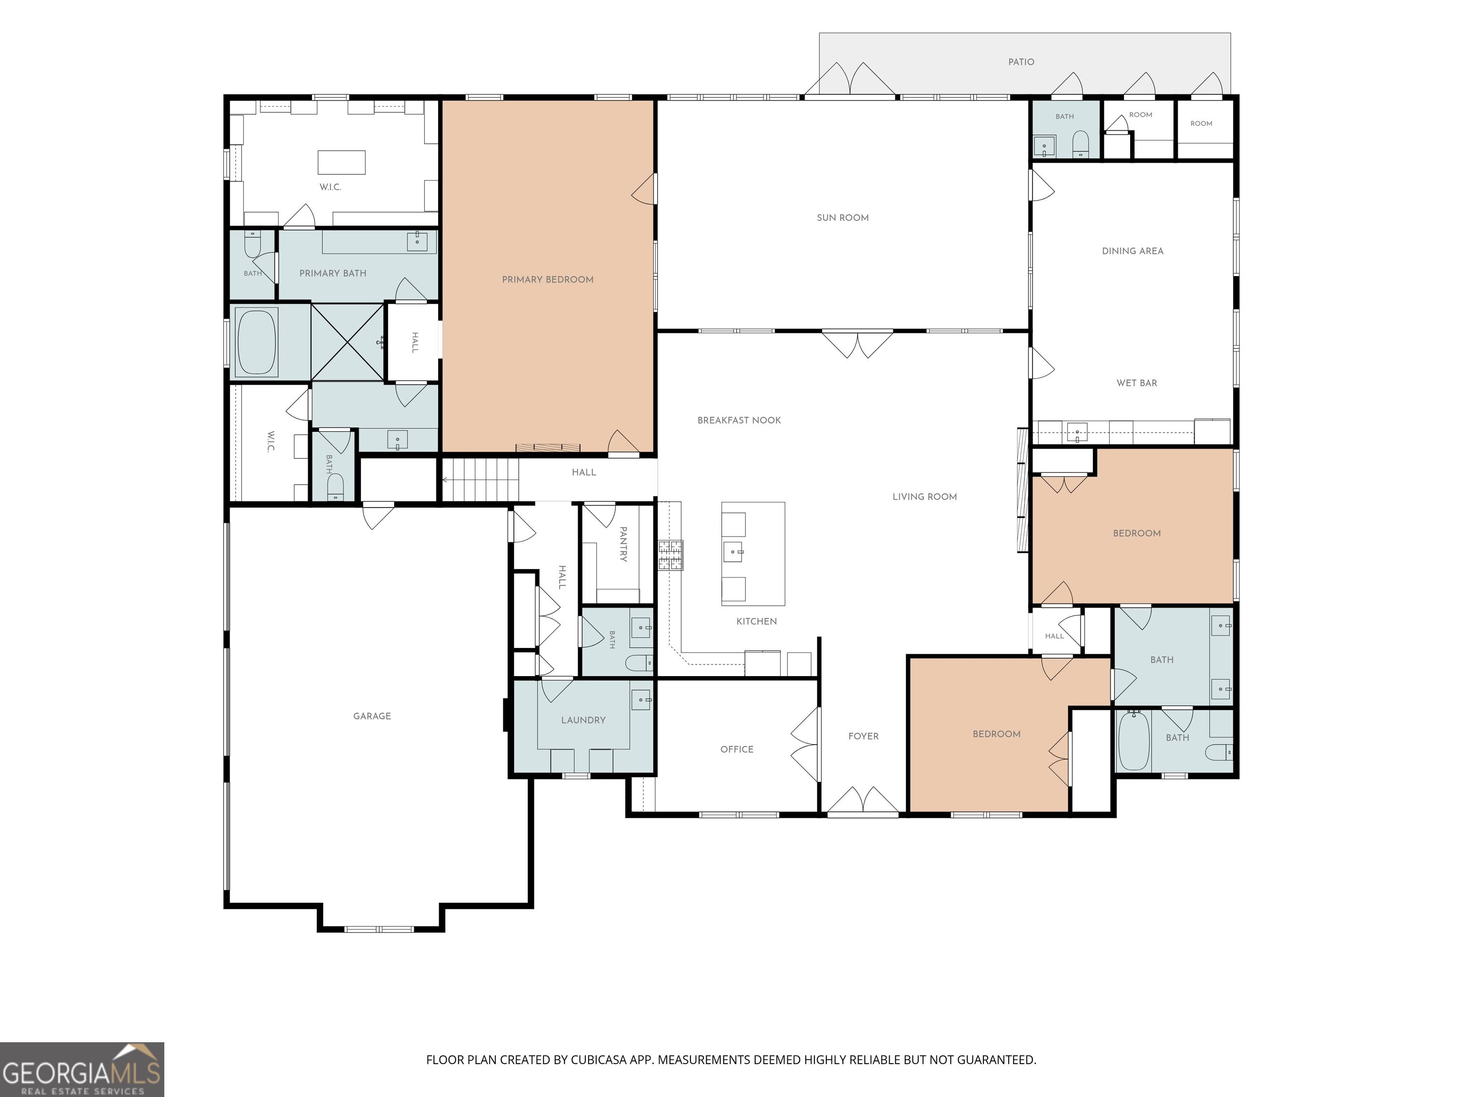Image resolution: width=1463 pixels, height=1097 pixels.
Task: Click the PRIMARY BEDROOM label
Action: (548, 279)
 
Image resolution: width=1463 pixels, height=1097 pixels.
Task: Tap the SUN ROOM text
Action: (842, 218)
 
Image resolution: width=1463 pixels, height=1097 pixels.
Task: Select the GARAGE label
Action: (371, 716)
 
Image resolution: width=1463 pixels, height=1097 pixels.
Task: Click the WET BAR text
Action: (1137, 383)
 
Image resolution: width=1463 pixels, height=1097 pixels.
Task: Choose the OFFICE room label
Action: (737, 749)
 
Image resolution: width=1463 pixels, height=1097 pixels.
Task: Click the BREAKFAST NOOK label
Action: (740, 420)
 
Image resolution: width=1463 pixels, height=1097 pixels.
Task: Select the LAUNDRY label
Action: (583, 720)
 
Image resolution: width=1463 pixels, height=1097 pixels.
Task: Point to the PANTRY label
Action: (623, 544)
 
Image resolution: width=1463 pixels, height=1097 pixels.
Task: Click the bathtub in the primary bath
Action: (257, 342)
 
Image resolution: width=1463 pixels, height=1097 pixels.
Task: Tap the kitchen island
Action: (753, 553)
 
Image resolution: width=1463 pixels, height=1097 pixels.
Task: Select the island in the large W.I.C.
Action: (341, 162)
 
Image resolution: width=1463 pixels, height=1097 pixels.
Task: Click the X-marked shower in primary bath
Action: (348, 342)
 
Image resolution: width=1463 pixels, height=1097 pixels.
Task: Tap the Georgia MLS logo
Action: (82, 1069)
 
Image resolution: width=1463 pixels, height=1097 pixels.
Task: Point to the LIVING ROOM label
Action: (925, 497)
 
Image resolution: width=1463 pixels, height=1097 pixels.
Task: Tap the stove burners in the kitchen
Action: (671, 555)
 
